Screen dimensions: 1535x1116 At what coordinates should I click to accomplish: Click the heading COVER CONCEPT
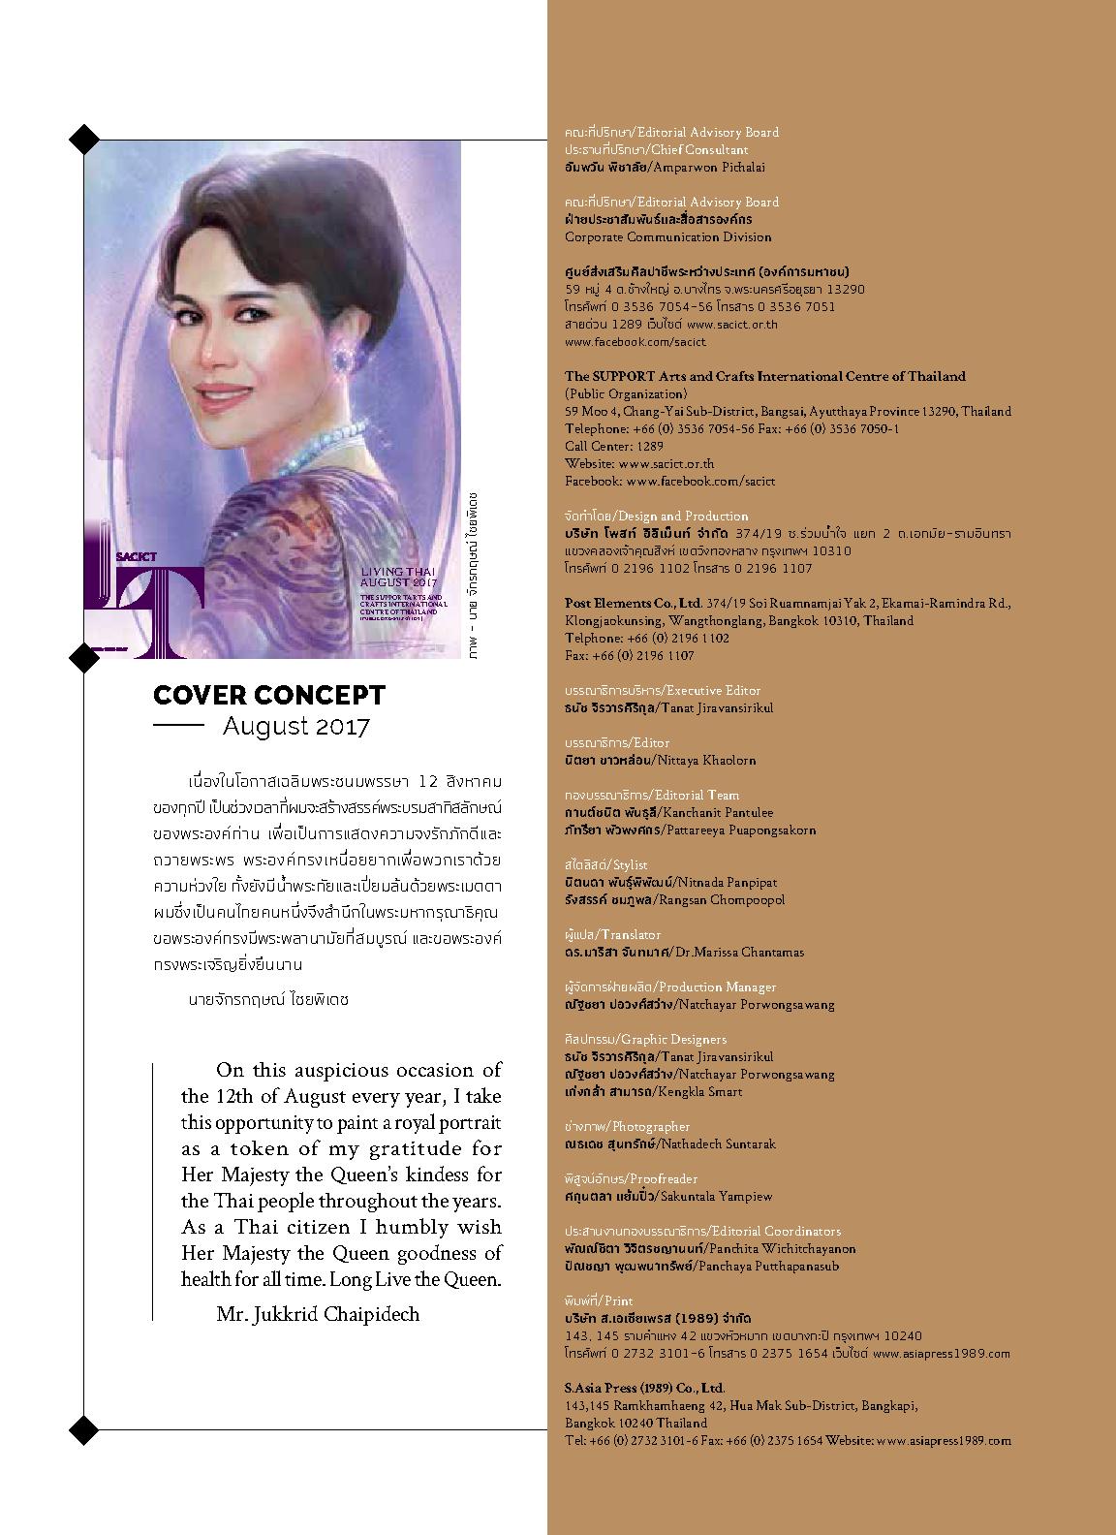click(268, 695)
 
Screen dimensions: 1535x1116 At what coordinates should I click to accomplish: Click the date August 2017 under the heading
click(295, 726)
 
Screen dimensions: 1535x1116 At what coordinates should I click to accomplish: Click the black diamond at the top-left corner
click(85, 140)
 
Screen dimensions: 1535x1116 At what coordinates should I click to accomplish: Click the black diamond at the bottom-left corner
click(85, 1428)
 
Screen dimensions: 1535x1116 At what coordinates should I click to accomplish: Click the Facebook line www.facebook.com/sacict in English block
click(669, 481)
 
